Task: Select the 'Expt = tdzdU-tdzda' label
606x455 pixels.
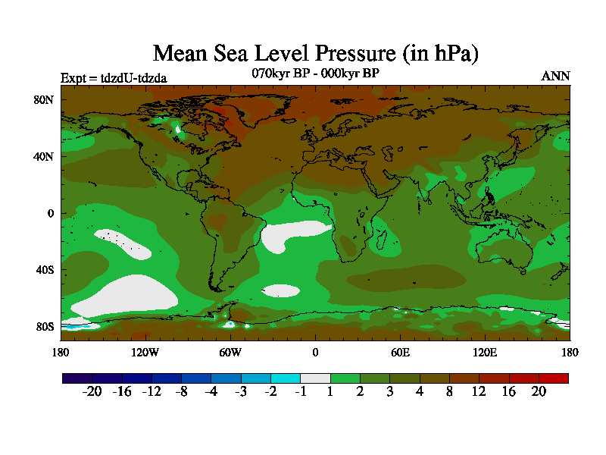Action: pos(114,77)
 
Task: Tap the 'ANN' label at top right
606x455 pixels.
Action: pos(555,76)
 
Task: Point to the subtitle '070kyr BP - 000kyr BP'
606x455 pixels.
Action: pos(315,74)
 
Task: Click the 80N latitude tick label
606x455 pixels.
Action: pos(45,99)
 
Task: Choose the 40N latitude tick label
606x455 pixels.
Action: pos(45,156)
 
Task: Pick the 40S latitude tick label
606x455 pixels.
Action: pos(45,270)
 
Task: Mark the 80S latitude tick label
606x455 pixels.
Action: pos(45,327)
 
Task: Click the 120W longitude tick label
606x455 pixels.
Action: pos(145,352)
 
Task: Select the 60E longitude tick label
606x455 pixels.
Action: pos(400,352)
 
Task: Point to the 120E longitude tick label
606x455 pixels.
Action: pos(485,352)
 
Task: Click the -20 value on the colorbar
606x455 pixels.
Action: pos(91,391)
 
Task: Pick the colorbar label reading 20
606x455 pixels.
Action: pos(538,391)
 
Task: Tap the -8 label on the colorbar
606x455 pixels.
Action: pos(180,391)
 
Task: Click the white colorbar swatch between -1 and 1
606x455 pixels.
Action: pos(315,378)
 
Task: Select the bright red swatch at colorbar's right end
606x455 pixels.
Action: pos(553,378)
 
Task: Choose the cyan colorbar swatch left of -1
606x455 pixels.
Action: pos(286,378)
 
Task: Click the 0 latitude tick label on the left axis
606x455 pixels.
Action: pos(50,213)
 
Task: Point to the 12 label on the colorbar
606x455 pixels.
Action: pos(479,391)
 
